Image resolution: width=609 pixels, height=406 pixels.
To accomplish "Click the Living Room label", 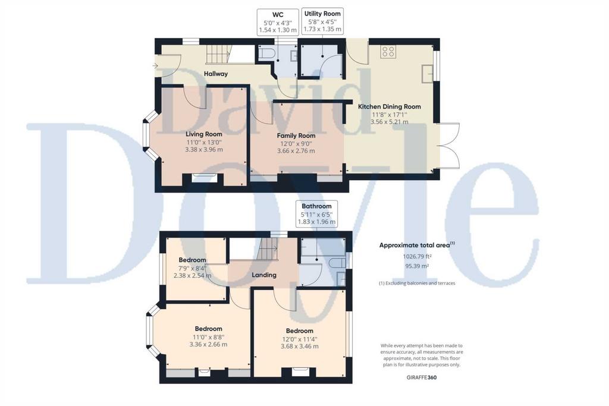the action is [x=204, y=134].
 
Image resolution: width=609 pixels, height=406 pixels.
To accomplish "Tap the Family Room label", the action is [x=296, y=136].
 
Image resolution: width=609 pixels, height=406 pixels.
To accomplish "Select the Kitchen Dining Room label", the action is [x=389, y=106].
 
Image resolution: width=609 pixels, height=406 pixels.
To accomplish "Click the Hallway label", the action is [x=216, y=74].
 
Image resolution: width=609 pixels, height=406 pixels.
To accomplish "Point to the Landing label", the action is [x=264, y=275].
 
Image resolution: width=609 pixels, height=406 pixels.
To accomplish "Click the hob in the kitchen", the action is [x=388, y=52].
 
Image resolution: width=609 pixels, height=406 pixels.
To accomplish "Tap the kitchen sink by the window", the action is [x=428, y=73].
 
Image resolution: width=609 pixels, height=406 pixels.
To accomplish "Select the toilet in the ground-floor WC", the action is [x=267, y=53].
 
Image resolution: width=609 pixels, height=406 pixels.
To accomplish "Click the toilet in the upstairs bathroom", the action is [x=337, y=263].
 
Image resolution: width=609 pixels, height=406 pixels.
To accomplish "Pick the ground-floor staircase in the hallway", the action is [x=218, y=54].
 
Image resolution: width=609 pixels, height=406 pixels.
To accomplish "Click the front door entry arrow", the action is [x=155, y=66].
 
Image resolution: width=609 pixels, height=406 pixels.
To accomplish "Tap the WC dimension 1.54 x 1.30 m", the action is [x=278, y=30].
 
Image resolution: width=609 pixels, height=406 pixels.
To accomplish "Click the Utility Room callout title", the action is [x=322, y=14].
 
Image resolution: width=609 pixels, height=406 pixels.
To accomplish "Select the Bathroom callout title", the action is [x=316, y=206].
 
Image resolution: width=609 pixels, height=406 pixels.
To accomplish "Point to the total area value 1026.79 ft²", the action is [x=417, y=256].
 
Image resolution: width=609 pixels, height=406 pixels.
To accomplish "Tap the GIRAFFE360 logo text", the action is [x=422, y=377].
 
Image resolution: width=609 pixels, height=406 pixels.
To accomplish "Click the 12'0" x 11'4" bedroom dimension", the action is [x=300, y=339].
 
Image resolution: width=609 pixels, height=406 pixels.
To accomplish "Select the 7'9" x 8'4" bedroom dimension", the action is [x=192, y=268].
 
